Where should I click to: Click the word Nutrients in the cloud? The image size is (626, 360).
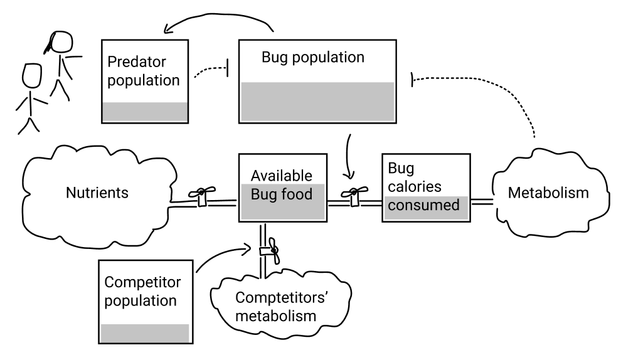click(x=97, y=193)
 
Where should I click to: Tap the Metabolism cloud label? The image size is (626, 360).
click(x=548, y=193)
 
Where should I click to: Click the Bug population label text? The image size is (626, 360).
click(x=312, y=58)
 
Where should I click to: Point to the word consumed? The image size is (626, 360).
click(x=423, y=204)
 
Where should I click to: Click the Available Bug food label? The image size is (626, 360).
click(x=281, y=185)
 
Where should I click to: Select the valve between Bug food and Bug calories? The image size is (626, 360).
click(x=355, y=196)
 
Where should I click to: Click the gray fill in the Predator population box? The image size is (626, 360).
click(x=145, y=112)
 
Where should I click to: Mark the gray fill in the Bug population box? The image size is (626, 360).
click(x=317, y=101)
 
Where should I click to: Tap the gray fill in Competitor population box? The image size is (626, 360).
click(x=145, y=333)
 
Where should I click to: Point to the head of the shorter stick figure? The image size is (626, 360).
click(x=32, y=75)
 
